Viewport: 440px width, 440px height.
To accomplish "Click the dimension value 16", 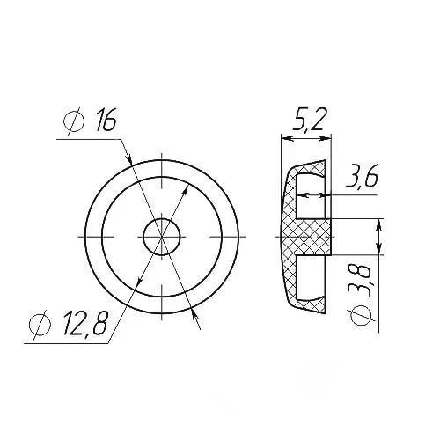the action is (x=106, y=119).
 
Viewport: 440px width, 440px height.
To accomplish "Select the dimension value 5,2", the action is (x=308, y=119).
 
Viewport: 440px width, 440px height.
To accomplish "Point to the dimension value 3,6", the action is (x=362, y=176).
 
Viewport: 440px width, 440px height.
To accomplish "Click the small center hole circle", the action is (x=161, y=237).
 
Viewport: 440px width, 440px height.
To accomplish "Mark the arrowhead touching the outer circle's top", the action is (x=129, y=158).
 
